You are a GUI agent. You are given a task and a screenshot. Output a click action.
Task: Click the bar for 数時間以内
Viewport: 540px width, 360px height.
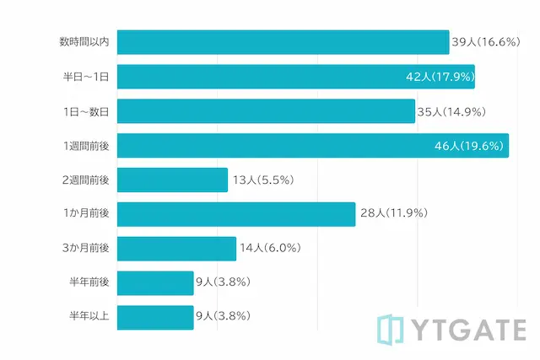point(283,42)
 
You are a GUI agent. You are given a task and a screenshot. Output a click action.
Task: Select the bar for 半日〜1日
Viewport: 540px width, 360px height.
point(295,77)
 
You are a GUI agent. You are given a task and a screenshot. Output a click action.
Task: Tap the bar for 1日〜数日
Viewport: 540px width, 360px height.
point(266,111)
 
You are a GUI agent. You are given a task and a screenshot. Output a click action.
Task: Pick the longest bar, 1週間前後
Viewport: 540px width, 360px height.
point(312,145)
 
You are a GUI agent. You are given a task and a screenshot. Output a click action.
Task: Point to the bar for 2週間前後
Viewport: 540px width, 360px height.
point(172,180)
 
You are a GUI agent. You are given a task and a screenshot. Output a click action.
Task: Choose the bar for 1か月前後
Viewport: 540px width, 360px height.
point(236,214)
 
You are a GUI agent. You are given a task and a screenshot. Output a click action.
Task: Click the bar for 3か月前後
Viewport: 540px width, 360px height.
point(176,249)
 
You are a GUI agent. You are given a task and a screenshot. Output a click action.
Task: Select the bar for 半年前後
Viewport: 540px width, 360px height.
point(155,282)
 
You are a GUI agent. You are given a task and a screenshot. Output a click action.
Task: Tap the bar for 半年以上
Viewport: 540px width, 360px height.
point(155,317)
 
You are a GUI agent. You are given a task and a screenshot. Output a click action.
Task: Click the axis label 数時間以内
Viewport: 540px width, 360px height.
point(84,42)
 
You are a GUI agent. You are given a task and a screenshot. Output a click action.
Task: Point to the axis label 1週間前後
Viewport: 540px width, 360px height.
point(86,146)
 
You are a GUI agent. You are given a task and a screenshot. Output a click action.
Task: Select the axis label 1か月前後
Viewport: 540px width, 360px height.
point(86,214)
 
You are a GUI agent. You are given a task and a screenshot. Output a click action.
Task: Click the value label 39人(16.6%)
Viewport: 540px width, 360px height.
point(484,42)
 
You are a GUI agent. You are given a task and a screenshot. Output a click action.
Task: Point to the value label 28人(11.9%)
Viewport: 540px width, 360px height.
point(393,214)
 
